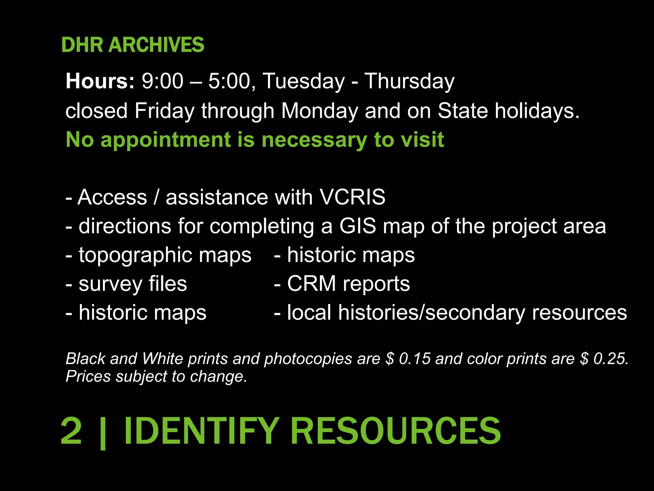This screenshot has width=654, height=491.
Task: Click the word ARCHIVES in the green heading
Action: point(156,45)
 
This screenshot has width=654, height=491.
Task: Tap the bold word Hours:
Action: point(100,81)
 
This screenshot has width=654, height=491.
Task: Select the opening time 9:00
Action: point(163,81)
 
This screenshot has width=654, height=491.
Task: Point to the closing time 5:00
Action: point(230,81)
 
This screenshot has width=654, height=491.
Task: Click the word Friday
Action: point(164,111)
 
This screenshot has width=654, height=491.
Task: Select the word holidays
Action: point(537,111)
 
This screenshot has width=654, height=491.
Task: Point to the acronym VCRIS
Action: point(352,197)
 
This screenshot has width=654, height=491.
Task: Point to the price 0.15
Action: point(414,359)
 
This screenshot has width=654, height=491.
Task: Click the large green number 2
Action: point(71,431)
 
